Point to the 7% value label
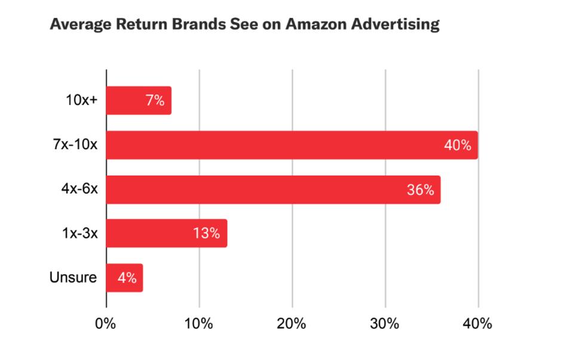tap(155, 100)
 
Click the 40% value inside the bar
tap(458, 145)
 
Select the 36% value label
tap(421, 190)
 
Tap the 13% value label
tap(207, 233)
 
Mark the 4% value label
tap(127, 278)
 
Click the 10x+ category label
tap(81, 100)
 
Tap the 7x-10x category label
tap(75, 145)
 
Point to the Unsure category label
tap(73, 278)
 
